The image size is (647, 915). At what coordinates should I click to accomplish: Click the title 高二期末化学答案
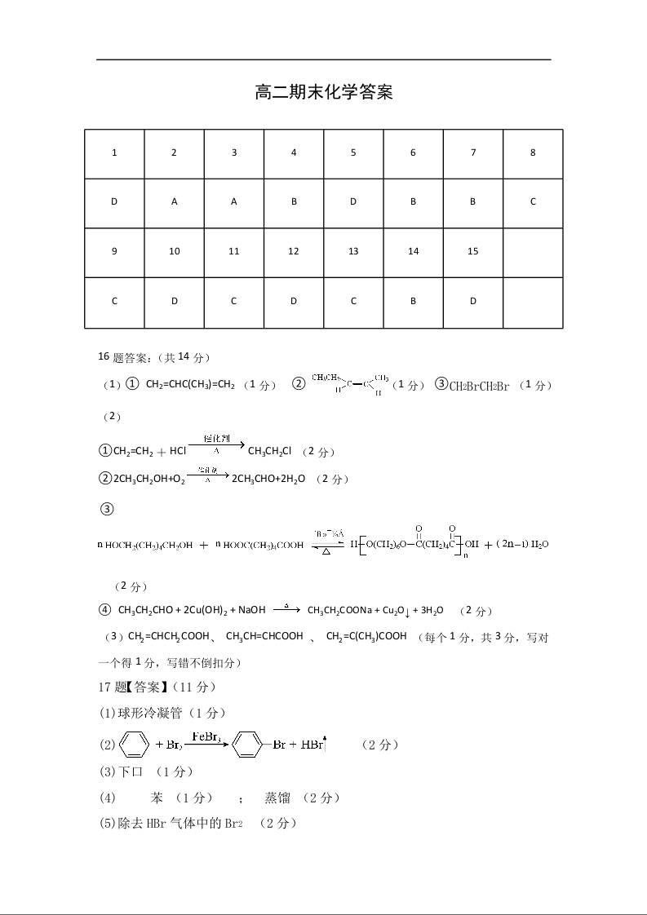[x=324, y=93]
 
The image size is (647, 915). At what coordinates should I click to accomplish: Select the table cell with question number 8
[x=533, y=152]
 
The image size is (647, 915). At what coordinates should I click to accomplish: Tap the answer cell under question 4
[x=294, y=201]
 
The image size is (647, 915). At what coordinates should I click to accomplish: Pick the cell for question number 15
[x=473, y=251]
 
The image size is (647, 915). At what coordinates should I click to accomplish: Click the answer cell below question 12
[x=294, y=301]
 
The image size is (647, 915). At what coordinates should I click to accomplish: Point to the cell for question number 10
[x=175, y=251]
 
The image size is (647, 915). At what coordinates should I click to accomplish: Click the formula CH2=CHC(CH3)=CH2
[x=190, y=385]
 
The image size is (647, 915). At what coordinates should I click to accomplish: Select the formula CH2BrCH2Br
[x=479, y=386]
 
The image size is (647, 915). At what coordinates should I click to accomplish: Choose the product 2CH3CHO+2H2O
[x=268, y=479]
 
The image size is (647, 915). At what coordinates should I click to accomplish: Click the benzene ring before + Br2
[x=135, y=745]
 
